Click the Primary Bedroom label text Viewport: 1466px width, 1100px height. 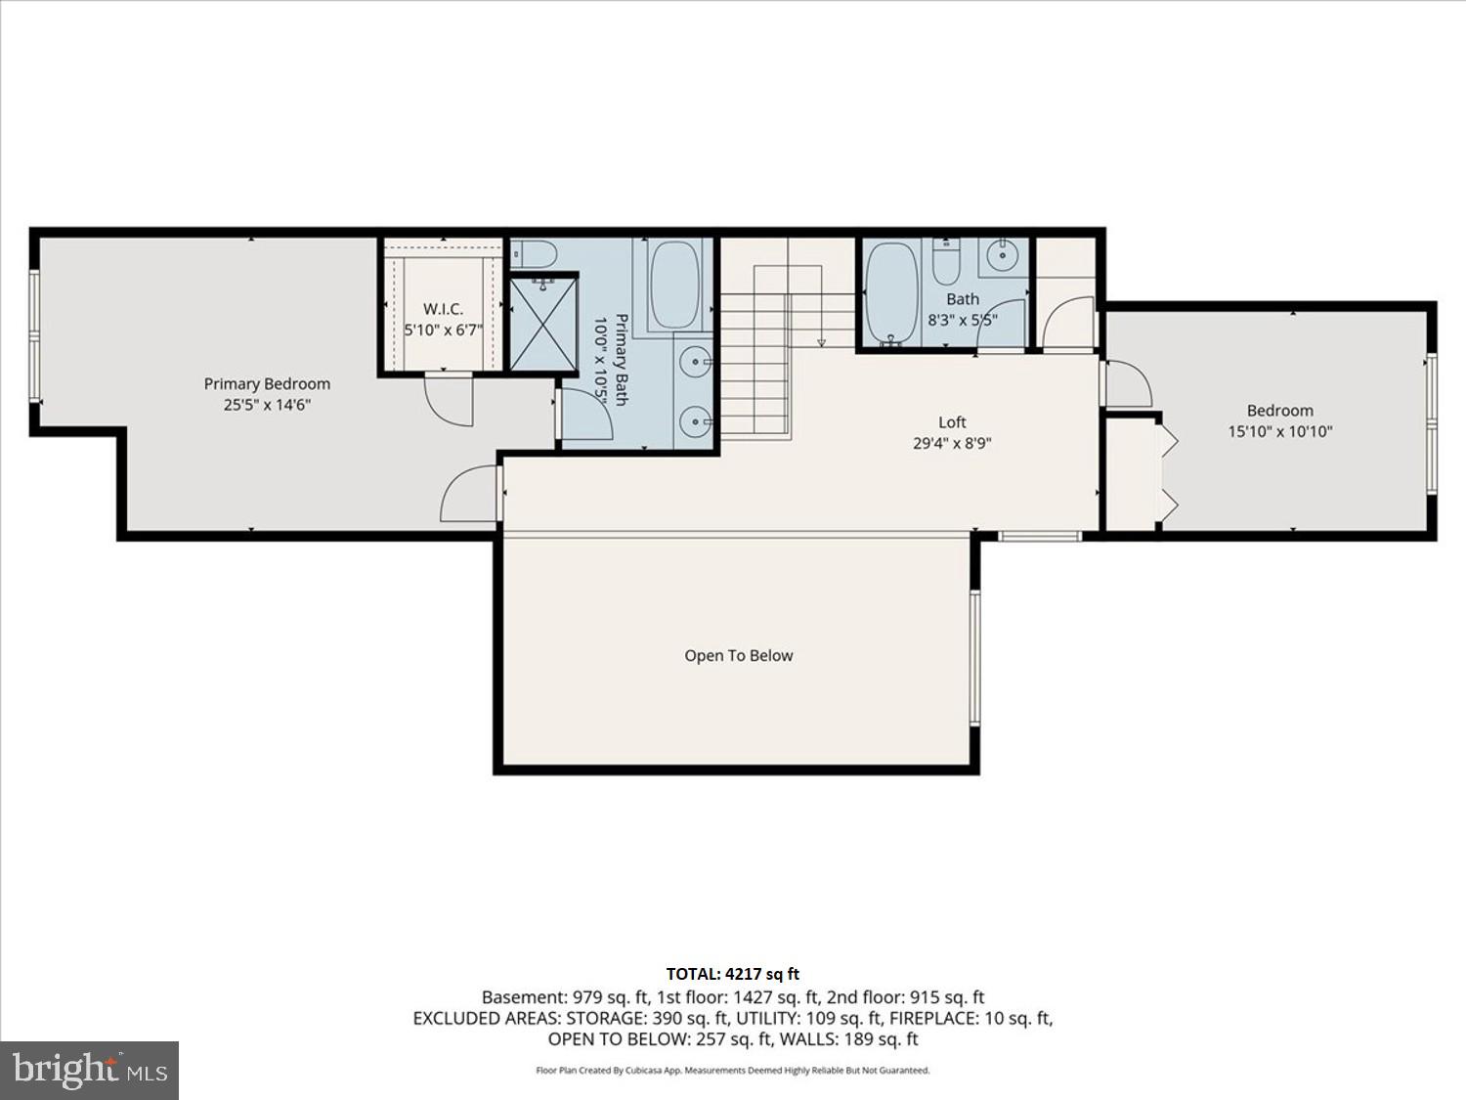pos(267,384)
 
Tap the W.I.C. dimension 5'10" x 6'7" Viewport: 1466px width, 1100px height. pos(444,330)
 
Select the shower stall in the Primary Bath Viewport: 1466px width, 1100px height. pos(544,324)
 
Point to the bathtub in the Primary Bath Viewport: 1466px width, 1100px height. pos(674,284)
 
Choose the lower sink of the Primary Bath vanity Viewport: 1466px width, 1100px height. pos(696,424)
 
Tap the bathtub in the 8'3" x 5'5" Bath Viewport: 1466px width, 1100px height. pos(891,293)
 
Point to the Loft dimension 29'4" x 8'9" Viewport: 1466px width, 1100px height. pos(952,443)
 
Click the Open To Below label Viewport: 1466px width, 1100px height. pos(738,656)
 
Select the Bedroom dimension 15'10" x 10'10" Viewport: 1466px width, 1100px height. pos(1280,431)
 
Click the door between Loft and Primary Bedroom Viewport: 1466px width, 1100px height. pos(471,495)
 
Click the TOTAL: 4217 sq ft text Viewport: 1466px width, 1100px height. pos(732,974)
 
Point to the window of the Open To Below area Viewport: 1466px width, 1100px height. pos(974,657)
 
